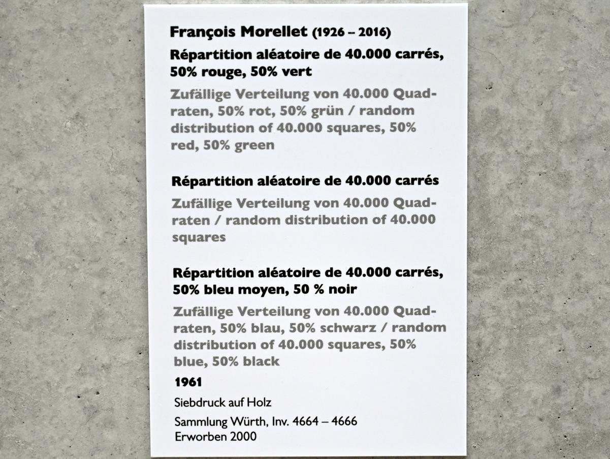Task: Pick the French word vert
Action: (297, 72)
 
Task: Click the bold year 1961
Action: (188, 381)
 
